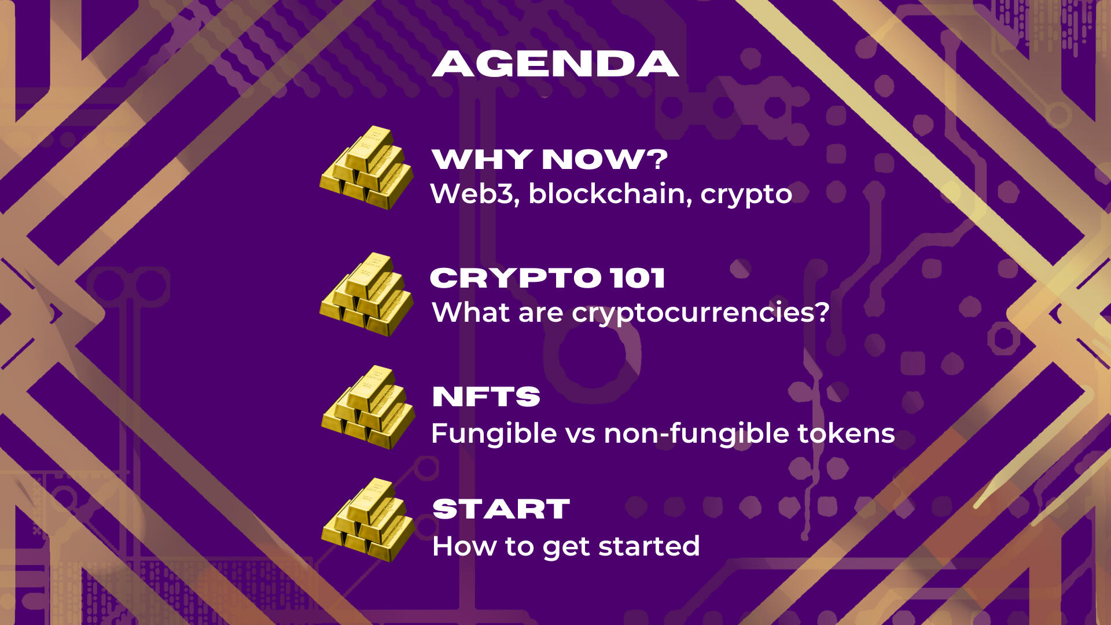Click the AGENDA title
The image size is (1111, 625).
[555, 64]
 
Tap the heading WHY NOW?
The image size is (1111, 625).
[550, 159]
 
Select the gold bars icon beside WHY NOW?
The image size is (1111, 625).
[367, 167]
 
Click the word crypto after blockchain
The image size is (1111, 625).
[746, 196]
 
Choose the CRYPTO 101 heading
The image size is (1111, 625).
[547, 278]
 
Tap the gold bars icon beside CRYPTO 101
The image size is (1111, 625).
[367, 294]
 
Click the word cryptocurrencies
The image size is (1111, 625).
[694, 314]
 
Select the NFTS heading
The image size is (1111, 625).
[486, 396]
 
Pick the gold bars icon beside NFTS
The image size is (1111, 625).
[368, 407]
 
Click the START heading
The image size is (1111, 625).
[501, 509]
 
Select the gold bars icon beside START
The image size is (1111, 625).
[368, 520]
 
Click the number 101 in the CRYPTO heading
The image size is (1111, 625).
[638, 278]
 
